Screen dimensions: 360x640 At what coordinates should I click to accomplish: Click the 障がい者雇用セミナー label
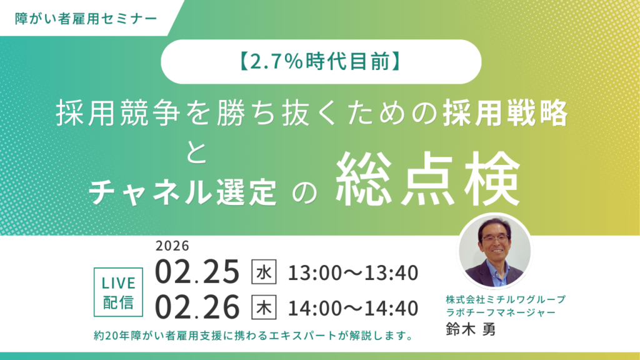pyautogui.click(x=87, y=17)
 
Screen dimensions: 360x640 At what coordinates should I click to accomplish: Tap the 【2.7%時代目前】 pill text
pyautogui.click(x=321, y=62)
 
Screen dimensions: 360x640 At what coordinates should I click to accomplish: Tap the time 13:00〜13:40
pyautogui.click(x=352, y=273)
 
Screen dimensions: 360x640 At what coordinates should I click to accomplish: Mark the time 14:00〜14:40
pyautogui.click(x=352, y=307)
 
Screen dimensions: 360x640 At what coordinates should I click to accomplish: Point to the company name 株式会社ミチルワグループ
pyautogui.click(x=496, y=299)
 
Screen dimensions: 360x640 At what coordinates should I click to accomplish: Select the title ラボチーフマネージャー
pyautogui.click(x=496, y=312)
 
